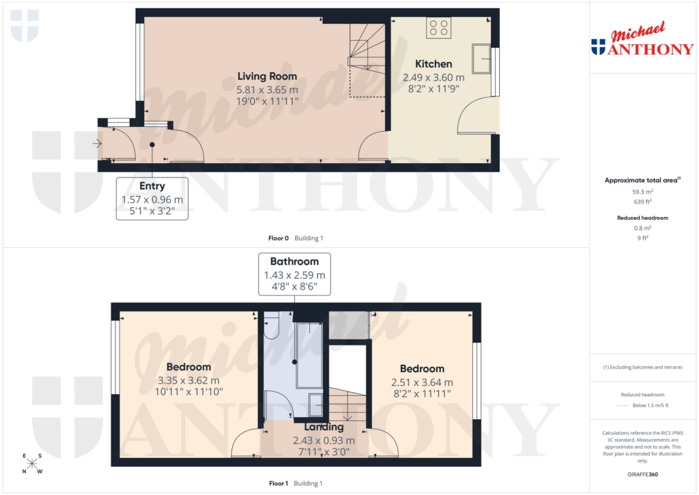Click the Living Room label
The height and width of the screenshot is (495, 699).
(267, 76)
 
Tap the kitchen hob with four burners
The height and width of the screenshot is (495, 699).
(438, 28)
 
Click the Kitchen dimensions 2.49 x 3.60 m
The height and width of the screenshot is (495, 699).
(433, 78)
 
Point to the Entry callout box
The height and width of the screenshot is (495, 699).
(152, 198)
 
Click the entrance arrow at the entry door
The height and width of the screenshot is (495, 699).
(98, 143)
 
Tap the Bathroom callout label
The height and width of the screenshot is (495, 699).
(294, 261)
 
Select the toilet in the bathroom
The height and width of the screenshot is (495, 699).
(272, 326)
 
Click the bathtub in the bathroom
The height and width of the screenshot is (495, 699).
(309, 355)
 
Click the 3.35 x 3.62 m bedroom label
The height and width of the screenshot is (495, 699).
(188, 381)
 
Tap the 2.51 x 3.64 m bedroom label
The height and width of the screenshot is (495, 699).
(422, 382)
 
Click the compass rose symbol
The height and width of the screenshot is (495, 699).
(32, 464)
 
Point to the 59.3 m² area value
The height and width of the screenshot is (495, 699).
(642, 193)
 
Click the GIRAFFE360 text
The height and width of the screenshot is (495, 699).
(642, 475)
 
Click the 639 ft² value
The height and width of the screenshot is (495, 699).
(642, 201)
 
